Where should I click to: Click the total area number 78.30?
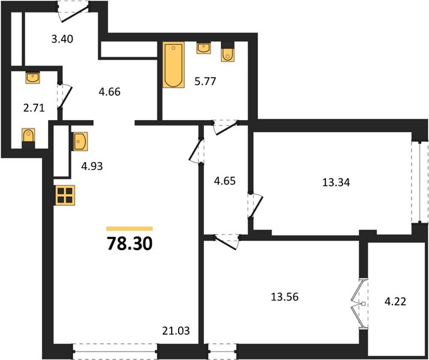tap(130, 244)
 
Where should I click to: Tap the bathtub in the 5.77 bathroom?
tap(173, 65)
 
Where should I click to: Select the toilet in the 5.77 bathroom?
tap(227, 52)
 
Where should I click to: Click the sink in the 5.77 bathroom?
tap(203, 48)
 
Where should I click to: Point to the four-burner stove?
tap(65, 196)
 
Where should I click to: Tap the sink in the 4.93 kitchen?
tap(80, 141)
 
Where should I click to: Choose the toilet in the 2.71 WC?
tap(28, 138)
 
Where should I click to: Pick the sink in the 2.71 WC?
tap(32, 77)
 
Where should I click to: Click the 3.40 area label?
tap(62, 39)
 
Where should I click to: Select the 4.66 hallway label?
tap(109, 92)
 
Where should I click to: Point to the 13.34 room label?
tap(336, 182)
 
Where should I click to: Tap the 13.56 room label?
tap(284, 297)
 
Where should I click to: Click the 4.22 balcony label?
tap(395, 302)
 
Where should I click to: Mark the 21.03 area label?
tap(176, 331)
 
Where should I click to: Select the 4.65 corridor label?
tap(224, 181)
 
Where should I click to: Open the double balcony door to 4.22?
tap(359, 304)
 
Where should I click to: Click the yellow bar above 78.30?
tap(130, 229)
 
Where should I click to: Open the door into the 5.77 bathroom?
tap(226, 127)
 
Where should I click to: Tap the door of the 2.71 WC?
tap(64, 96)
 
